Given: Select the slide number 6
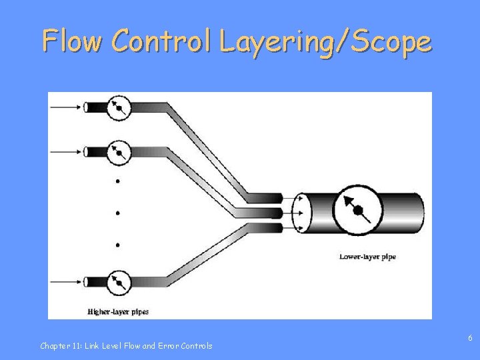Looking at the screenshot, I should click(470, 338).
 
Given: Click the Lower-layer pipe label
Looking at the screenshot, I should click(367, 257).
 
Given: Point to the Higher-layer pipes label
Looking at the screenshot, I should click(118, 311).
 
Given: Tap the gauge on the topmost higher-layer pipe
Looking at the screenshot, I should click(119, 107).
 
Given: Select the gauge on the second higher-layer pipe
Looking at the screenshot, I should click(119, 152).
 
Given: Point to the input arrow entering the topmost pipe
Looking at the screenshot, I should click(65, 107).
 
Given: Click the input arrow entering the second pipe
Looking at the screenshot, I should click(65, 152).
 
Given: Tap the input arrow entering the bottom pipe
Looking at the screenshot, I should click(65, 281).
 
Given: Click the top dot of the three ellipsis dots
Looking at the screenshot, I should click(118, 181).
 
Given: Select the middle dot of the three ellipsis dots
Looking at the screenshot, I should click(118, 213).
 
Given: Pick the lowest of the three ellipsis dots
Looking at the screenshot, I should click(118, 245).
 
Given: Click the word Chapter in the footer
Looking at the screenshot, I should click(54, 345).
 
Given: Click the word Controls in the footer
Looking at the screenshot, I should click(197, 345).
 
